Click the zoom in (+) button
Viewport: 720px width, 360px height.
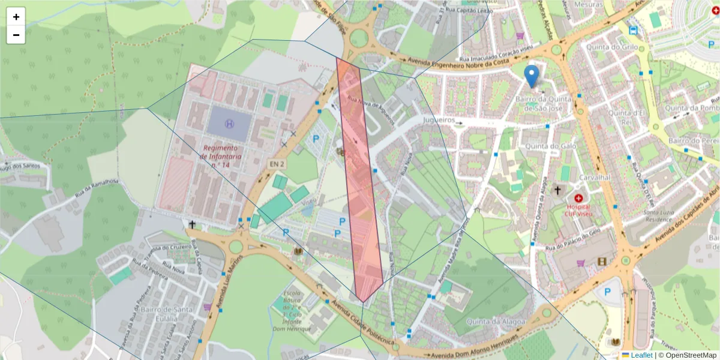[x=16, y=17]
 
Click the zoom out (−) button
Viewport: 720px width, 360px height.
[x=16, y=35]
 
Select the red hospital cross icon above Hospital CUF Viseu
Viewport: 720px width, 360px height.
[x=578, y=197]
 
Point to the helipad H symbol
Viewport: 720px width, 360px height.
[x=229, y=124]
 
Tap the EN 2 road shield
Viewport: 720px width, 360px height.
[x=275, y=163]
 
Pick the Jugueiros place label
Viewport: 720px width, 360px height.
[x=440, y=120]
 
